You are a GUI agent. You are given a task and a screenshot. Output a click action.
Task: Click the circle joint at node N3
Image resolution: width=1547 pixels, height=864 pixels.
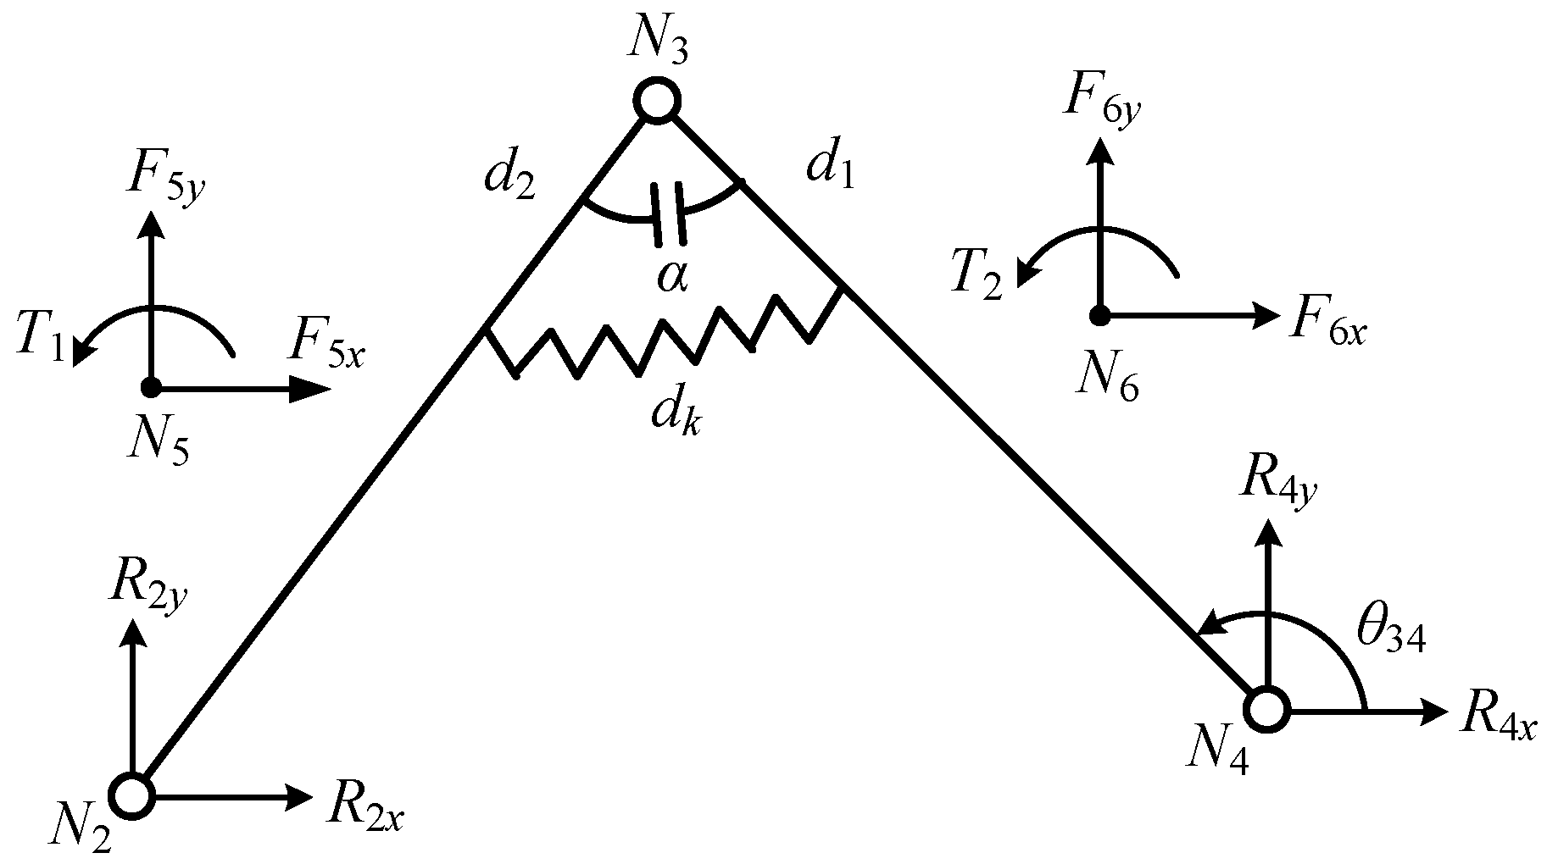point(656,101)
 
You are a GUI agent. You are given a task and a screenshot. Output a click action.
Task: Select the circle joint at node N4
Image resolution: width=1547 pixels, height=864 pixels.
point(1267,710)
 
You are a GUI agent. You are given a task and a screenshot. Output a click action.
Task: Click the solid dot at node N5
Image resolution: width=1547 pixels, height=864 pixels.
point(151,388)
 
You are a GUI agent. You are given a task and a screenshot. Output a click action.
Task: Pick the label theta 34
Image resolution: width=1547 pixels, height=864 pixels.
point(1390,635)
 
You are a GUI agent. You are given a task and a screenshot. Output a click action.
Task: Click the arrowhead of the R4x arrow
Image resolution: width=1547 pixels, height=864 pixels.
point(1433,712)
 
